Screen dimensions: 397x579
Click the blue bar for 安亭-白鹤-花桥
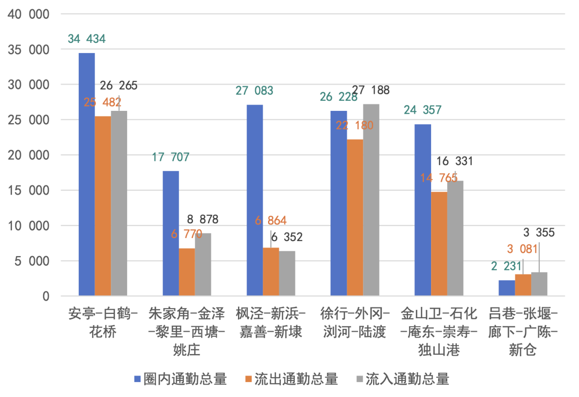[x=87, y=174]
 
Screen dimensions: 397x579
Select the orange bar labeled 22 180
[x=354, y=218]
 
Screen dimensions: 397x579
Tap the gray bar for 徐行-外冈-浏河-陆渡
[x=370, y=200]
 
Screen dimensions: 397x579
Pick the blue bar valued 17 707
[x=170, y=233]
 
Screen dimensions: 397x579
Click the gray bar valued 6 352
[x=287, y=273]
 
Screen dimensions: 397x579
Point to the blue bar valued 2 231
[x=507, y=288]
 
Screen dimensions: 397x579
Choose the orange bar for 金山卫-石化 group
[x=439, y=243]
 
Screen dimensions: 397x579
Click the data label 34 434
[x=86, y=39]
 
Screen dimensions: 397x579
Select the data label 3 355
[x=538, y=233]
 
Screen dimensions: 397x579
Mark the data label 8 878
[x=202, y=220]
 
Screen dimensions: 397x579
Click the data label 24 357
[x=422, y=110]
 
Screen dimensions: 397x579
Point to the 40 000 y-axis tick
[x=28, y=14]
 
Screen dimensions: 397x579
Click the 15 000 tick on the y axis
[x=28, y=191]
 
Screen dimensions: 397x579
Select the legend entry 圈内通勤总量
[x=181, y=379]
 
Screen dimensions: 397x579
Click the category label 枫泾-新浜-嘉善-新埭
[x=270, y=322]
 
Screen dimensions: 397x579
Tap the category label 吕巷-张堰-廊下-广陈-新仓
[x=522, y=331]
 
